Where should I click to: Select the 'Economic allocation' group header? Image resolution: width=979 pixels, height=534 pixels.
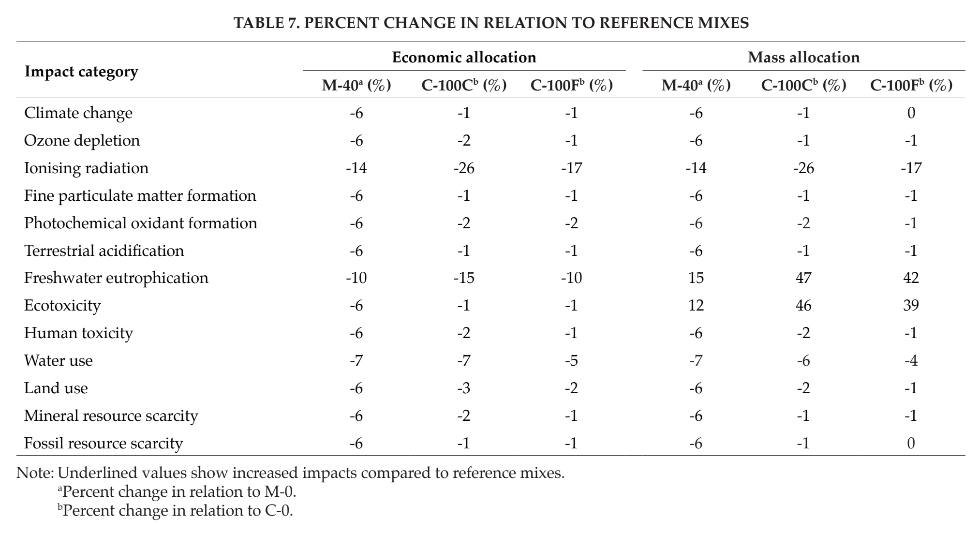(464, 58)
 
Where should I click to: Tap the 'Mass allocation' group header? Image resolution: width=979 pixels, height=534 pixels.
(803, 58)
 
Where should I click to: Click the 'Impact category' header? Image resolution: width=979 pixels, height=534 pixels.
(81, 72)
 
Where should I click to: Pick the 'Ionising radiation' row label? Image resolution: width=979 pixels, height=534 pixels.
(87, 168)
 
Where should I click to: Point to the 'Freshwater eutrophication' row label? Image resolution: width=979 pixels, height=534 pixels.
(116, 278)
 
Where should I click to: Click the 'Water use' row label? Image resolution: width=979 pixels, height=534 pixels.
(59, 361)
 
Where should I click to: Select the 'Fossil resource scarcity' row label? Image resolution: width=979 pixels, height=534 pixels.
(104, 444)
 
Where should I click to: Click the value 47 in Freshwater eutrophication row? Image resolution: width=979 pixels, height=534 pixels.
(803, 278)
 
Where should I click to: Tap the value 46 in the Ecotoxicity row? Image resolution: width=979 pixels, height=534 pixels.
(803, 306)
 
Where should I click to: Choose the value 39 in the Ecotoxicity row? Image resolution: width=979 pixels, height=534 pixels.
(911, 306)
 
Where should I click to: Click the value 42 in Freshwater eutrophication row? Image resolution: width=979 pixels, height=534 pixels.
(911, 278)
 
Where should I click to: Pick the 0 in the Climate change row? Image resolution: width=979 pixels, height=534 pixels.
(911, 113)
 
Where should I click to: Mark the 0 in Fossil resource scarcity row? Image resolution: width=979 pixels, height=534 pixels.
(911, 444)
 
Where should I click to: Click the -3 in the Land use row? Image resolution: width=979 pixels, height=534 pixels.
(464, 388)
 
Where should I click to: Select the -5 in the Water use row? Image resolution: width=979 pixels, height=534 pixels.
(571, 361)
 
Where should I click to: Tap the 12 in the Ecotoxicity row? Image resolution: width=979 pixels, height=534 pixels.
(696, 306)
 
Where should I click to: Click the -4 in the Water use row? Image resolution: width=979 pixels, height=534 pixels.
(911, 361)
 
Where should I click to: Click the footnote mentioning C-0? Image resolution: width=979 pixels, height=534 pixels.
(176, 511)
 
